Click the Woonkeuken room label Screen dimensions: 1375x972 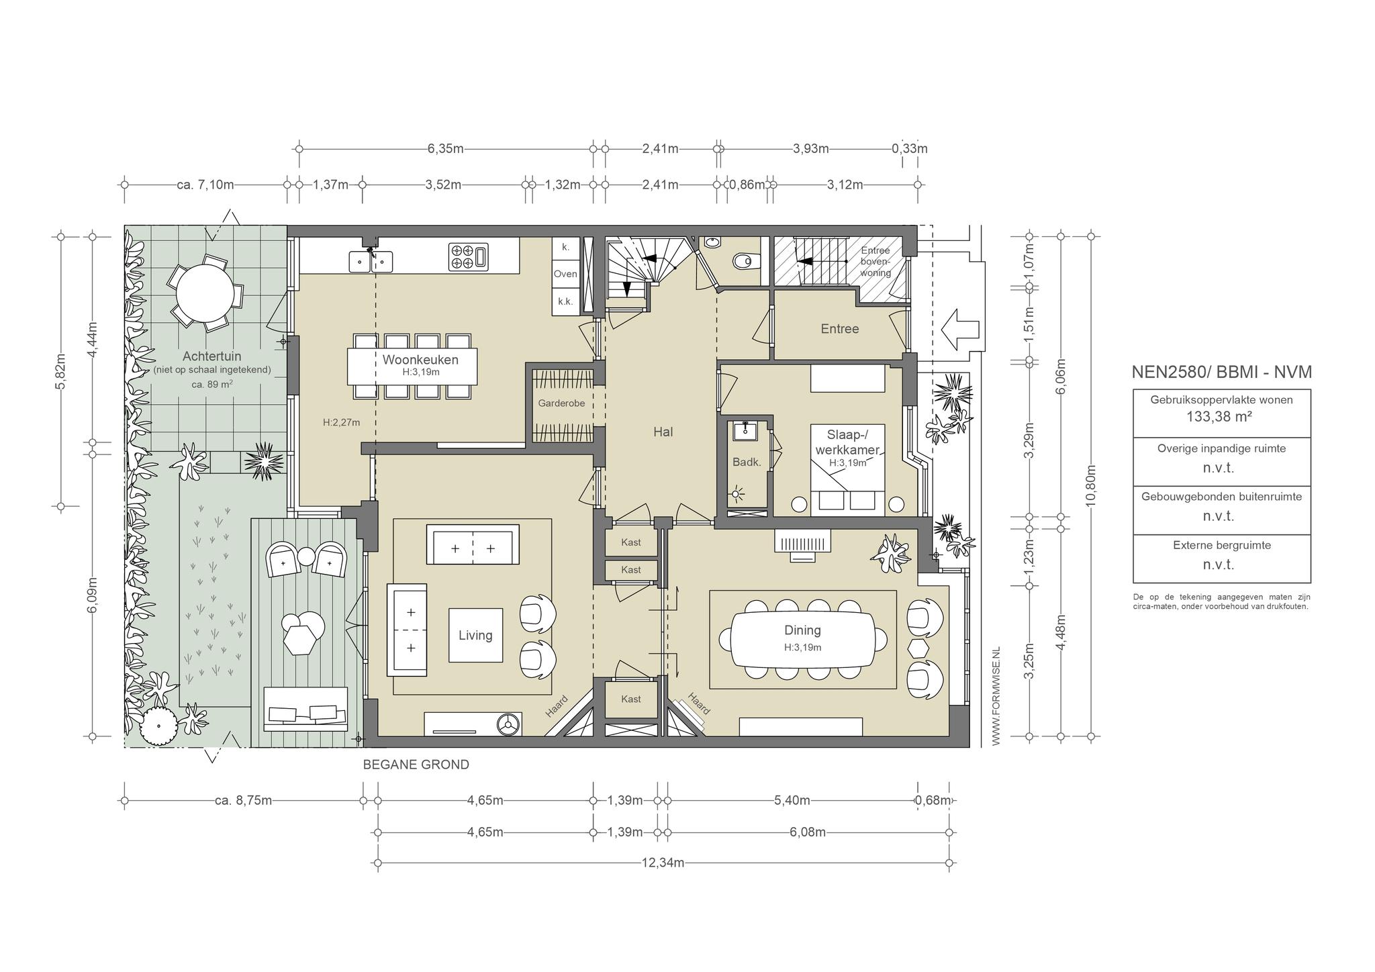click(x=420, y=360)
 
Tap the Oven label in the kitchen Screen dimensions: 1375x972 click(x=565, y=274)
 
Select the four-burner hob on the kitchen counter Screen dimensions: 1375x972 click(x=469, y=257)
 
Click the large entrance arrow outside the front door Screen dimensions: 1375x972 click(x=963, y=329)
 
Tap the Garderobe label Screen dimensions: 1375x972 click(x=561, y=403)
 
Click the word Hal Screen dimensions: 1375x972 click(x=663, y=432)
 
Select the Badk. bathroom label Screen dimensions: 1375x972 click(x=747, y=462)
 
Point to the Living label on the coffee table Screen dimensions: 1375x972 click(x=475, y=635)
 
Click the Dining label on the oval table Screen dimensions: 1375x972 click(x=802, y=630)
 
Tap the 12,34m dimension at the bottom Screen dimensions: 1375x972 click(x=663, y=863)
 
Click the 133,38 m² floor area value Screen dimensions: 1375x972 click(x=1219, y=416)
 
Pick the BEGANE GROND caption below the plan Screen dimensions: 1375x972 click(x=416, y=765)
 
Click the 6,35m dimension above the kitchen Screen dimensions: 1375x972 click(x=446, y=148)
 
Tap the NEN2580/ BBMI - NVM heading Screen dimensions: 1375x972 click(x=1222, y=372)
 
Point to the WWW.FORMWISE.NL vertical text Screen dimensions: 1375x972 click(x=996, y=695)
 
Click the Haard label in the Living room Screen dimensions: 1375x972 click(x=557, y=707)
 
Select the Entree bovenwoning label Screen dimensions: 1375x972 click(x=875, y=262)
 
